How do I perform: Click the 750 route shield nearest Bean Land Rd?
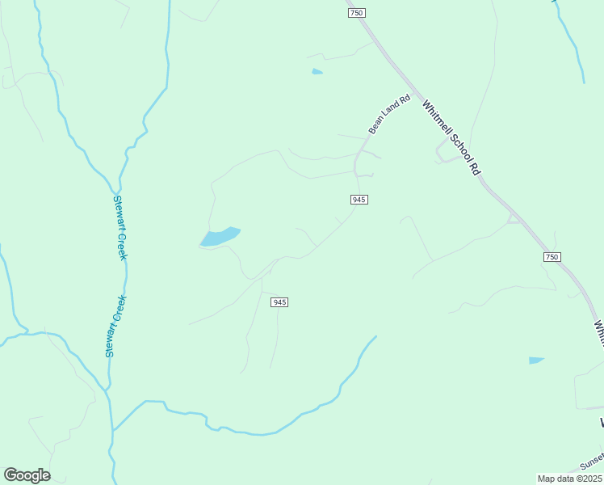pyautogui.click(x=357, y=13)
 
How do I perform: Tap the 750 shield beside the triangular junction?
pyautogui.click(x=551, y=256)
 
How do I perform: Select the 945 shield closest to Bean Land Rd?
pyautogui.click(x=359, y=199)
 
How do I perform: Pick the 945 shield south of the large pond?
pyautogui.click(x=279, y=302)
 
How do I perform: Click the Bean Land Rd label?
pyautogui.click(x=389, y=114)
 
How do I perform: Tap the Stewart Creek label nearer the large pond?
pyautogui.click(x=120, y=227)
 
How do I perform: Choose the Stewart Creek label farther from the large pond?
pyautogui.click(x=115, y=327)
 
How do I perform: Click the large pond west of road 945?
pyautogui.click(x=220, y=236)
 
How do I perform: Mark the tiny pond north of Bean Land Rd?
pyautogui.click(x=317, y=72)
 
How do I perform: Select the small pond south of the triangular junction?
pyautogui.click(x=536, y=360)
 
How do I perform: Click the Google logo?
pyautogui.click(x=27, y=474)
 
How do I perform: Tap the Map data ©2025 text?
pyautogui.click(x=569, y=479)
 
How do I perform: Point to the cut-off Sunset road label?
pyautogui.click(x=591, y=462)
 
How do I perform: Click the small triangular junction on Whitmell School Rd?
pyautogui.click(x=511, y=218)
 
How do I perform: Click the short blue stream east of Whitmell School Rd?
pyautogui.click(x=572, y=40)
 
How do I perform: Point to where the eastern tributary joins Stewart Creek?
pyautogui.click(x=112, y=429)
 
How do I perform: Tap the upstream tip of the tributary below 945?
pyautogui.click(x=376, y=336)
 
